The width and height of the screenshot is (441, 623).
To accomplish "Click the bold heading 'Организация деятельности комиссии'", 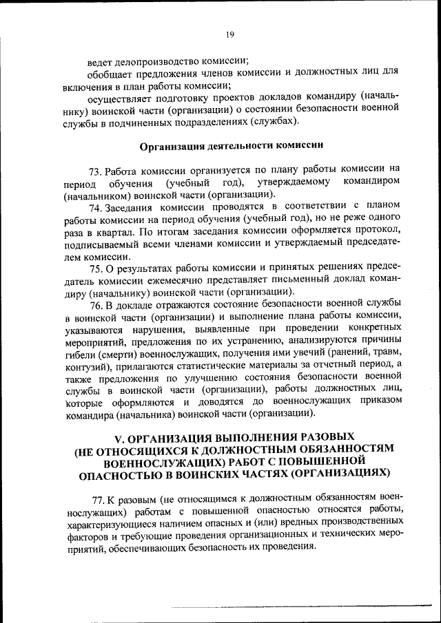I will point(231,146).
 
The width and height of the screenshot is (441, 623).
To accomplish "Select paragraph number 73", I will point(96,169).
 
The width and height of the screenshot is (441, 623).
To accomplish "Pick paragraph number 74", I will point(96,207).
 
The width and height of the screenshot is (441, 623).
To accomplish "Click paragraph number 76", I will point(96,304).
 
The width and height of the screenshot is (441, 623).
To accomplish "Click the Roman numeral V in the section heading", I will point(117,437).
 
